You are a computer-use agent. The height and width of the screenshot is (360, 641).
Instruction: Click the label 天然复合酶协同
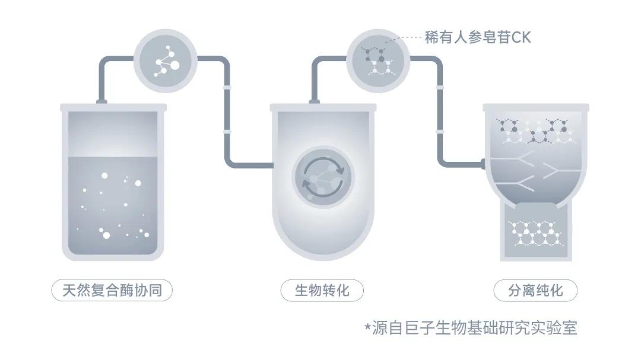[x=112, y=290]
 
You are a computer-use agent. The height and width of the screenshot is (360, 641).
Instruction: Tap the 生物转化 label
[x=322, y=290]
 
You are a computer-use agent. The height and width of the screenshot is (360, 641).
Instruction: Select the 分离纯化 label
[x=535, y=291]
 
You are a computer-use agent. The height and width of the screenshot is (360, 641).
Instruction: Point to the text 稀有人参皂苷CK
[x=478, y=37]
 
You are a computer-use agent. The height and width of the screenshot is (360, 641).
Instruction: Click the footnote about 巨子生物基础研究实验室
[x=471, y=328]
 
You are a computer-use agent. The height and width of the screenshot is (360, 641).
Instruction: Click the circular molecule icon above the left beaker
[x=166, y=61]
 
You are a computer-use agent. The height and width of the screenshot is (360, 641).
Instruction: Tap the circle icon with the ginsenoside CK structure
[x=378, y=61]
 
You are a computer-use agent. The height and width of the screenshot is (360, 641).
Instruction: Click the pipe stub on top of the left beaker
[x=102, y=102]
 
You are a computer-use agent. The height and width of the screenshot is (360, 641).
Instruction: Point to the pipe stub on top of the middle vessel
[x=315, y=102]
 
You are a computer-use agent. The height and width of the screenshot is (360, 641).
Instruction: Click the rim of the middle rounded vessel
[x=323, y=108]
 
